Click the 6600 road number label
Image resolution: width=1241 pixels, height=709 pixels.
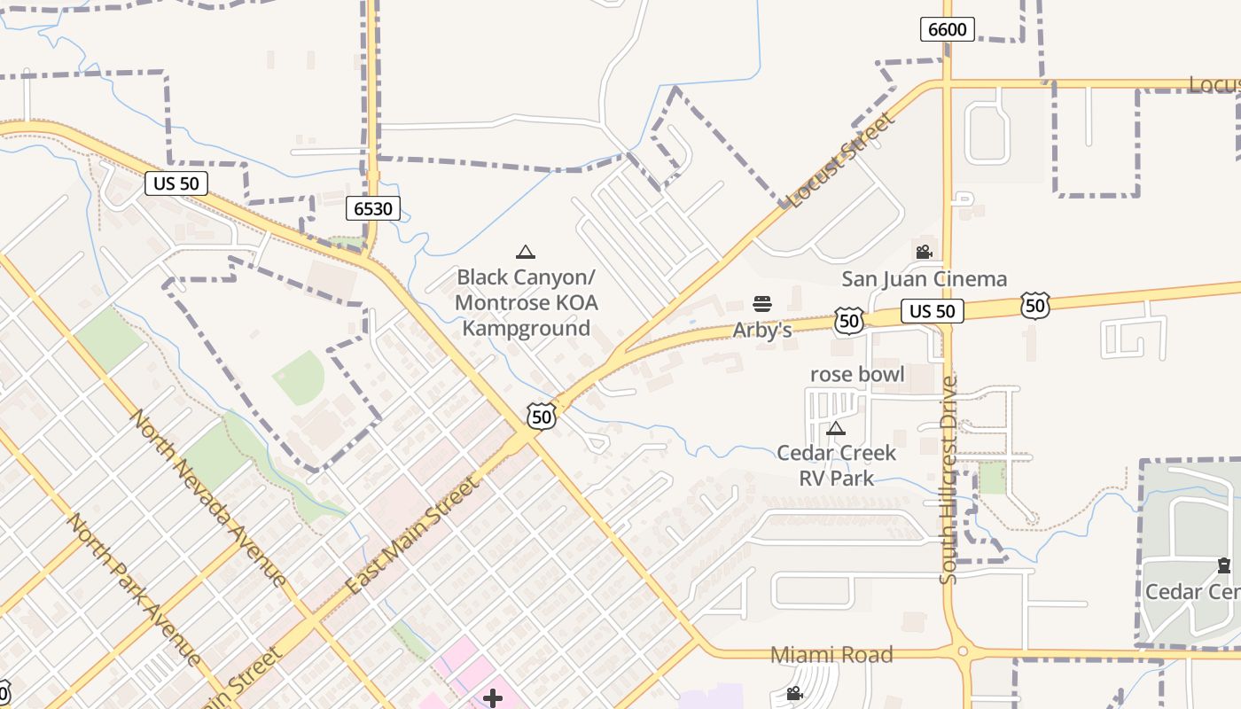point(947,29)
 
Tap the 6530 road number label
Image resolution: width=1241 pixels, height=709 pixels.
point(373,209)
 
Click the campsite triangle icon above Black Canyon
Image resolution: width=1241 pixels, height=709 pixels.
point(526,253)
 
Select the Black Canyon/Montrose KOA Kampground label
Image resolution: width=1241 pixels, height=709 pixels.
point(527,303)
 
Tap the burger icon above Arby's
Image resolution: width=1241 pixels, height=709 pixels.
point(761,305)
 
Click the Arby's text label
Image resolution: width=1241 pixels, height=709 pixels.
point(761,331)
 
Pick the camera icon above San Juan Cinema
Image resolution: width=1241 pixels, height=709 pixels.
point(925,253)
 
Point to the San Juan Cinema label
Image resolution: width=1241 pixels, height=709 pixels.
point(924,279)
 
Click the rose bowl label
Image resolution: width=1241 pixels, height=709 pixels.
point(857,374)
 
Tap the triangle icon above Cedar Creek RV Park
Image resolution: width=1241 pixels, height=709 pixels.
point(835,429)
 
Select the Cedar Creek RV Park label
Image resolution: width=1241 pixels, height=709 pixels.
point(837,465)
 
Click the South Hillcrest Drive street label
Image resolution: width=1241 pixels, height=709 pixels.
point(948,479)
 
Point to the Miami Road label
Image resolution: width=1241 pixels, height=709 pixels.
point(831,655)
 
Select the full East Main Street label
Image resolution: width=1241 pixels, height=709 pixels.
point(413,535)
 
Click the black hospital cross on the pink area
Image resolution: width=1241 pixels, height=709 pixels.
point(493,698)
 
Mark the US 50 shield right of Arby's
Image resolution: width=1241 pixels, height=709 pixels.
point(849,320)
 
